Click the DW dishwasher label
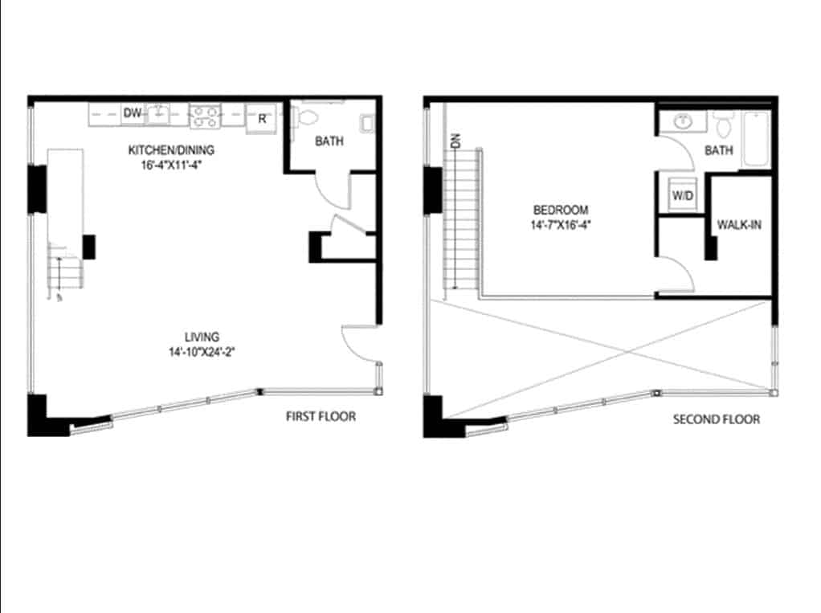133,114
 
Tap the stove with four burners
204,116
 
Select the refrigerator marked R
261,119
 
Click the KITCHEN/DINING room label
172,150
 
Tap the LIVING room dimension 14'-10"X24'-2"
205,351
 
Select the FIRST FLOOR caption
321,416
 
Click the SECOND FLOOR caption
716,419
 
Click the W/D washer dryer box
682,195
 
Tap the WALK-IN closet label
739,225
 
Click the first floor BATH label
329,141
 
